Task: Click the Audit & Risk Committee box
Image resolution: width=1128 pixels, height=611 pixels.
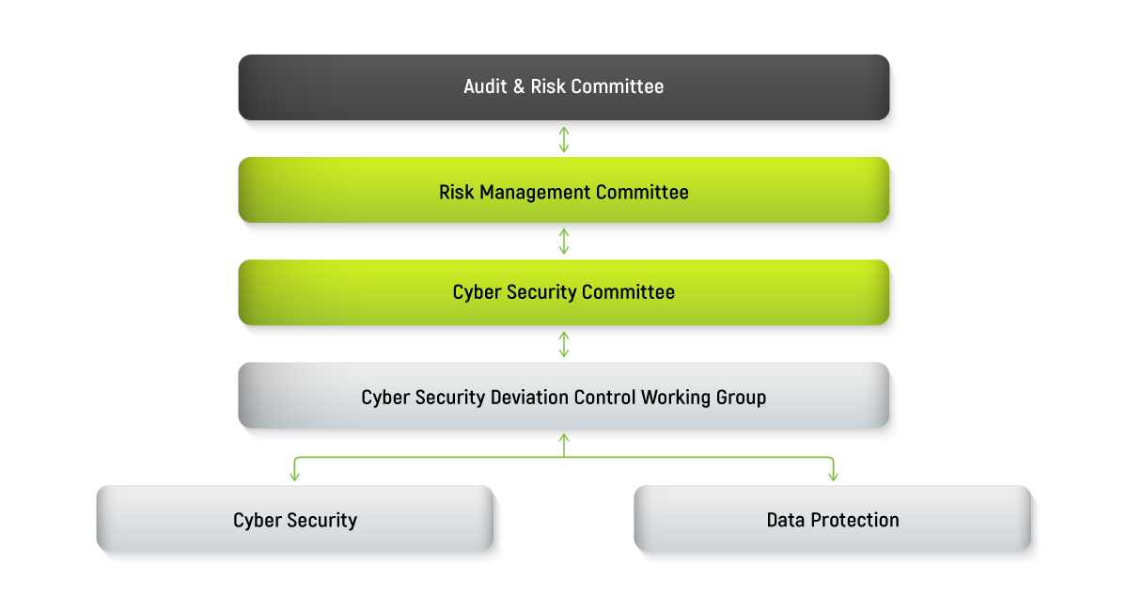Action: [x=563, y=87]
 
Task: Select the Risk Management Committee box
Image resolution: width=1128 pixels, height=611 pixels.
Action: [x=563, y=191]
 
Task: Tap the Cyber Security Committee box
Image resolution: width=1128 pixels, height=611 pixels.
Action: [x=563, y=292]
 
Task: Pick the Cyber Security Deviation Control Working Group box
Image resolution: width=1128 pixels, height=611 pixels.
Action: [x=563, y=397]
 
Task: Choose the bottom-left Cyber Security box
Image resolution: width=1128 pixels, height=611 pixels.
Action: [x=295, y=519]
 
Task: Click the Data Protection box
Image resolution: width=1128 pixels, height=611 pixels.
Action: [x=833, y=519]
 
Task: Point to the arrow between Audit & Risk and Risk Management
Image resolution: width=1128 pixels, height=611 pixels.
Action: [x=564, y=139]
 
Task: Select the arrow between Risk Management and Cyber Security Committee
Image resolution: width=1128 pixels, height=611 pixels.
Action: [x=564, y=241]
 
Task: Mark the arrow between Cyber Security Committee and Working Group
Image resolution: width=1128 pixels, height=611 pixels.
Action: [x=564, y=344]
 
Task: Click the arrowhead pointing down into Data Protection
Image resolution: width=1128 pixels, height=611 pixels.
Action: [x=833, y=476]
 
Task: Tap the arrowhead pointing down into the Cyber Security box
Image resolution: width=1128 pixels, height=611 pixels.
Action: [x=295, y=476]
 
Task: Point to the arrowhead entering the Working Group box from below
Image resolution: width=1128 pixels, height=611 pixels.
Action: [x=564, y=437]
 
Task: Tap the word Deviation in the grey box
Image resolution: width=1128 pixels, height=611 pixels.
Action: [x=530, y=398]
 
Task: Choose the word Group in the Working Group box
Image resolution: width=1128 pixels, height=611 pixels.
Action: [x=743, y=398]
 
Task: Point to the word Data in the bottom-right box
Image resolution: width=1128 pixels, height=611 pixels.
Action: [x=784, y=520]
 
